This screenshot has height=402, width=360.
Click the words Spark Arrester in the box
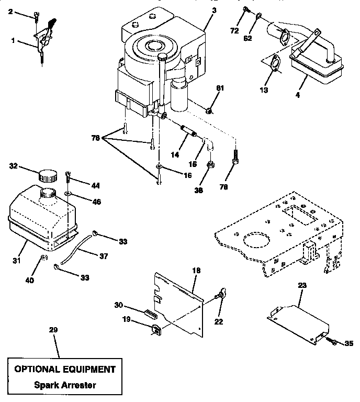point(65,385)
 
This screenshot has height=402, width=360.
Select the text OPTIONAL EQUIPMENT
point(65,369)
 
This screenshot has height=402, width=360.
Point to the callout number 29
point(53,330)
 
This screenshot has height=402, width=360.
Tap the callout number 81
point(220,87)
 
